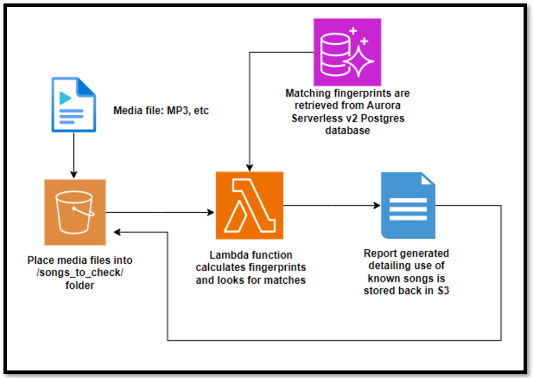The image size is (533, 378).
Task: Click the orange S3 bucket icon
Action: coord(75,211)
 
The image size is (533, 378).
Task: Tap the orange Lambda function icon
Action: coord(250,205)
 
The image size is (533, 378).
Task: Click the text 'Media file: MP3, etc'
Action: coord(161,111)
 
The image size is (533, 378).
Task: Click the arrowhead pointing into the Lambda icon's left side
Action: coord(211,212)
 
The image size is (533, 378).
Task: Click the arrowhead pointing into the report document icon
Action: coord(377,205)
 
